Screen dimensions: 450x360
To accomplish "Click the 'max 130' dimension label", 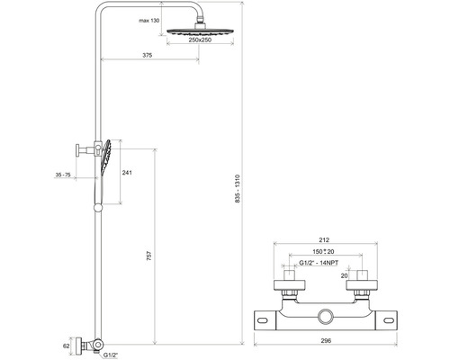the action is point(149,21).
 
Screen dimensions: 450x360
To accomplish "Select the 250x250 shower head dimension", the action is point(200,40).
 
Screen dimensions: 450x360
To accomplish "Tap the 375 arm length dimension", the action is point(148,55).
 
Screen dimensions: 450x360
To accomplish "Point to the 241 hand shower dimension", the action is point(127,173).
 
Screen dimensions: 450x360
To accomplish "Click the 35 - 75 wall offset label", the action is point(63,175).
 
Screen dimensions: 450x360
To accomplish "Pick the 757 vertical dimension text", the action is point(149,256).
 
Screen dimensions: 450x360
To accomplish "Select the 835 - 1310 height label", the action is point(238,189).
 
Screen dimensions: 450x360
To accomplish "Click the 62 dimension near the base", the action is point(67,346).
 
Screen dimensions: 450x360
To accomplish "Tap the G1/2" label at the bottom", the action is point(111,355).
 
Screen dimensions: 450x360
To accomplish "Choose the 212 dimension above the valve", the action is point(324,240).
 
